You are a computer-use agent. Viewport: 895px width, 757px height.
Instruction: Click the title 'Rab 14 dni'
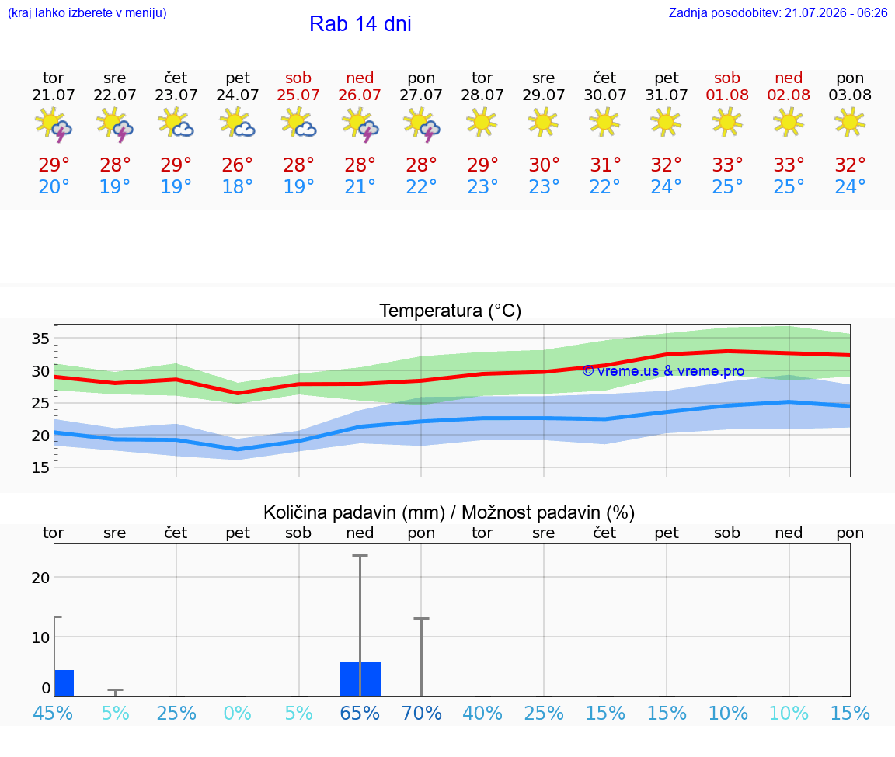[x=360, y=24]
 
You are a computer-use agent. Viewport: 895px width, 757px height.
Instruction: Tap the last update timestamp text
[x=778, y=12]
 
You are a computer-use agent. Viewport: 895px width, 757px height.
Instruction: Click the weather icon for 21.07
[x=54, y=123]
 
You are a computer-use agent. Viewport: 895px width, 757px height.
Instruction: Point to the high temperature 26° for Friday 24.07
[x=238, y=165]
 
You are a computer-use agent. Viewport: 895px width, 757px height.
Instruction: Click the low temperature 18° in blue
[x=238, y=186]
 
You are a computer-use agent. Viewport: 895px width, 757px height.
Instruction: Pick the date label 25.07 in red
[x=298, y=95]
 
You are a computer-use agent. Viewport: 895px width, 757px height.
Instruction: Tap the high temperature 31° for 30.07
[x=605, y=165]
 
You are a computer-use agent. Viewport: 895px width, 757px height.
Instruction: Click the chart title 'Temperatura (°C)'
[x=451, y=311]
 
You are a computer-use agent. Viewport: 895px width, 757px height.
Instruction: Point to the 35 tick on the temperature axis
[x=40, y=339]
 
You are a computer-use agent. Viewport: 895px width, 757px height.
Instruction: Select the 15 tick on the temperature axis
[x=40, y=467]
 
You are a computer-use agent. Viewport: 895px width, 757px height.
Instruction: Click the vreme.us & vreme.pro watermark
[x=663, y=371]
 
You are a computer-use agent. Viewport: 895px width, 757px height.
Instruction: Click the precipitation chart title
[x=449, y=513]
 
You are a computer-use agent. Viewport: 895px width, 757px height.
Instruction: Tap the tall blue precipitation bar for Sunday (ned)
[x=360, y=679]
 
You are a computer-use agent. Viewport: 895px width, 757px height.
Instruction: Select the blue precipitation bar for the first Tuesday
[x=64, y=683]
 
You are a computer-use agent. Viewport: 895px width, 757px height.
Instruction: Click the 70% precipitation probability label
[x=422, y=714]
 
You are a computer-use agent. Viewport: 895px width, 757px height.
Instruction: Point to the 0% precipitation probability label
[x=238, y=714]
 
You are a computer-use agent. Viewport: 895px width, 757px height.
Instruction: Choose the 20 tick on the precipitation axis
[x=40, y=578]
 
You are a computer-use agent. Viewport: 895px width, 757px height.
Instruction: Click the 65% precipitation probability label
[x=360, y=714]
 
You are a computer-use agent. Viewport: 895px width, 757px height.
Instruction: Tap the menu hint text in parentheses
[x=87, y=12]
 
